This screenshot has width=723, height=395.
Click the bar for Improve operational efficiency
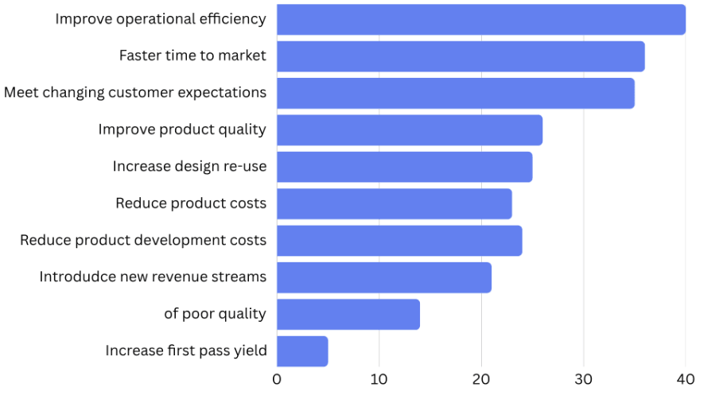click(480, 19)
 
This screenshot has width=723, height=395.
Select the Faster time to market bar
click(461, 56)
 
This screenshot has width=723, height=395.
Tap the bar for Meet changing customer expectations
click(455, 93)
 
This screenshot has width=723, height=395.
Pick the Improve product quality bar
click(409, 130)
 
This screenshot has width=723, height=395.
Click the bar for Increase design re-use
click(404, 167)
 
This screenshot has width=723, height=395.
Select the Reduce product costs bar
click(394, 203)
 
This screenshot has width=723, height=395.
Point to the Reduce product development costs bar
click(399, 241)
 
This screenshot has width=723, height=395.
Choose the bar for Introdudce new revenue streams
click(383, 277)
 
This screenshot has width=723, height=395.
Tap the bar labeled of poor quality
click(348, 314)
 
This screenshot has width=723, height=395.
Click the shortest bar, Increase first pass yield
click(301, 350)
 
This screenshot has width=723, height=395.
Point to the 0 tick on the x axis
click(277, 379)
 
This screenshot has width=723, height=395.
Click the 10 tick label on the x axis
click(379, 379)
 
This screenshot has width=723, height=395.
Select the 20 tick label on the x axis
click(480, 379)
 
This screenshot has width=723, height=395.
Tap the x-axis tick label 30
click(583, 379)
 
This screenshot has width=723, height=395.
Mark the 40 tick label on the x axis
click(685, 379)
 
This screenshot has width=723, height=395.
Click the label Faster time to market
click(192, 56)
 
